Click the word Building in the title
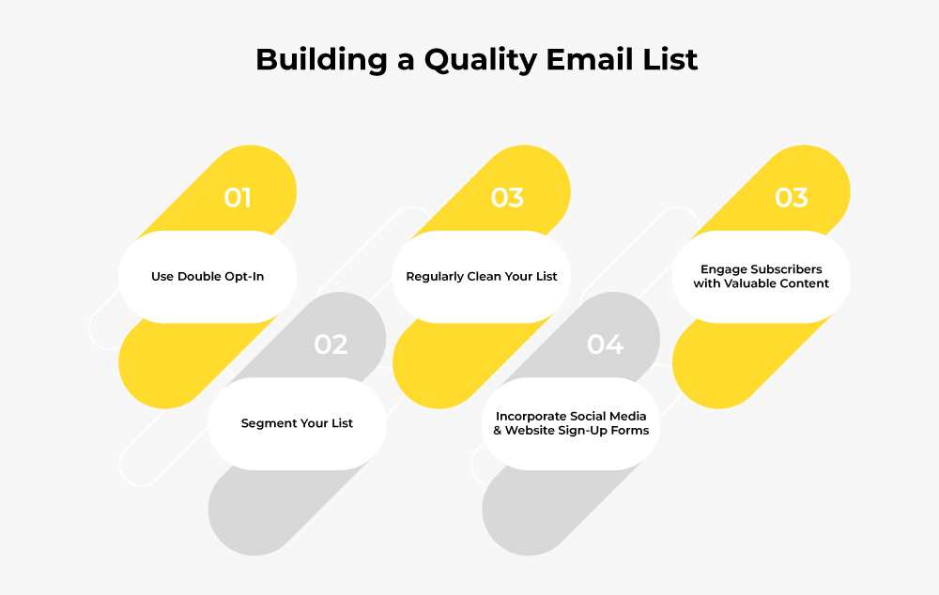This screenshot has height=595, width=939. click(x=321, y=60)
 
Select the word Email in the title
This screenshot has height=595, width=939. click(x=591, y=59)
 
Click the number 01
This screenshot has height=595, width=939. click(x=238, y=197)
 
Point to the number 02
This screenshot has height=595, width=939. click(x=331, y=344)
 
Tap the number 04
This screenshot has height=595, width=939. click(x=605, y=344)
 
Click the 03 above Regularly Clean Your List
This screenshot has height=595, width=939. click(x=507, y=197)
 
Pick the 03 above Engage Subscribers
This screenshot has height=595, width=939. click(x=791, y=197)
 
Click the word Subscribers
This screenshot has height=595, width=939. click(x=787, y=269)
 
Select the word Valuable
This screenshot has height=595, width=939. click(x=752, y=283)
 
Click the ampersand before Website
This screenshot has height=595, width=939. click(x=498, y=431)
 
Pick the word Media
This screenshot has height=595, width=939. click(x=627, y=416)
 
